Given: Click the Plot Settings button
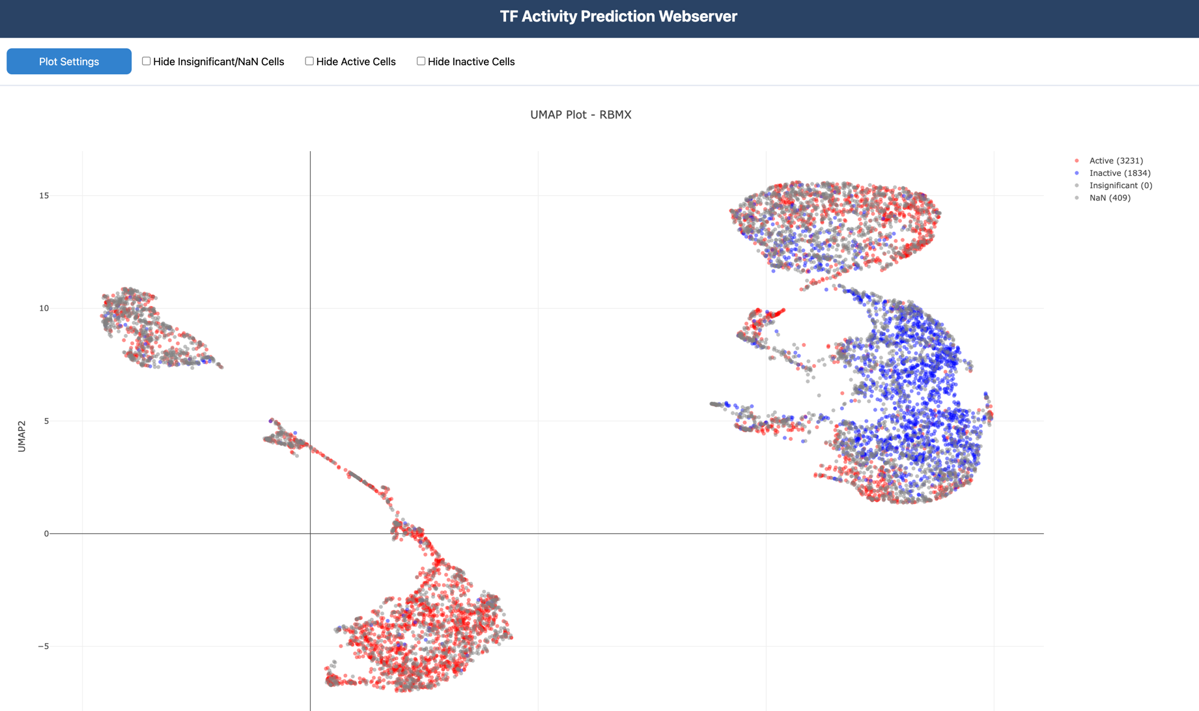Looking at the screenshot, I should pos(69,61).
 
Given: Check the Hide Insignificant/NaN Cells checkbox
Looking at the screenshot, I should pos(147,61).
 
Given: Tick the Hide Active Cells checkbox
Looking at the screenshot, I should pos(309,61).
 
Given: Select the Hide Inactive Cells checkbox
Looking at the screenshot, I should pos(421,61).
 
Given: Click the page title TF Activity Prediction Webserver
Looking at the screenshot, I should pos(618,16).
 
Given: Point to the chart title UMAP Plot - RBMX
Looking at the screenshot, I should pos(580,115).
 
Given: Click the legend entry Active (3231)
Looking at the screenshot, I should pos(1116,161).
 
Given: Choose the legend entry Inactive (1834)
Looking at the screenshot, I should pos(1120,173).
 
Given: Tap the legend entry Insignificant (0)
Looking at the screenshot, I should pos(1120,186).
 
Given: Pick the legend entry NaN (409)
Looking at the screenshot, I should pos(1110,198).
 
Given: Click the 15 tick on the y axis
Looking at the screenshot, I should pos(44,196).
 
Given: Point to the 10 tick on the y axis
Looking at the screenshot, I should pos(44,309).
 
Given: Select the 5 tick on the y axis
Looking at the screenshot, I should pos(46,421).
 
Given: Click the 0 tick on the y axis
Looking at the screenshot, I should pos(46,534).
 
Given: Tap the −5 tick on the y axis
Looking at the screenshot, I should pos(43,647).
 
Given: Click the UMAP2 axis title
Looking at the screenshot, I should pos(21,436).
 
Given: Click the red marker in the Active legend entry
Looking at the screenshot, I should pos(1077,161).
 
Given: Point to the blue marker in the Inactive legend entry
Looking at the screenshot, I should pos(1077,173).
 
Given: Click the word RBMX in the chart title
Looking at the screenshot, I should pos(615,115).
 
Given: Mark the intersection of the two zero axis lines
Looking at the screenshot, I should pos(311,534).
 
